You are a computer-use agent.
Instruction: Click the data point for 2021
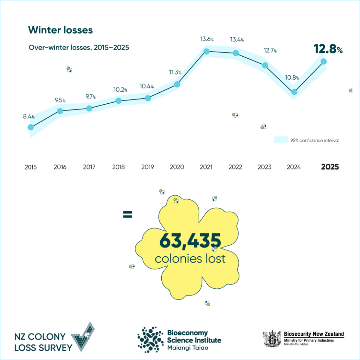pyautogui.click(x=206, y=52)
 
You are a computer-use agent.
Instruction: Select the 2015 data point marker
pyautogui.click(x=31, y=127)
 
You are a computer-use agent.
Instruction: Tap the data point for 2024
pyautogui.click(x=294, y=92)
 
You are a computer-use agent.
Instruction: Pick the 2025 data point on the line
pyautogui.click(x=324, y=62)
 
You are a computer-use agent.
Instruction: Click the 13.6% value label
pyautogui.click(x=207, y=39)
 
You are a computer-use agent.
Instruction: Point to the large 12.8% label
pyautogui.click(x=328, y=50)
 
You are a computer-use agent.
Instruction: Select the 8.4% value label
pyautogui.click(x=29, y=116)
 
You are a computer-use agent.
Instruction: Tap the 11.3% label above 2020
pyautogui.click(x=175, y=72)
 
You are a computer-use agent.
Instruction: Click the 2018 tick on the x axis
pyautogui.click(x=118, y=167)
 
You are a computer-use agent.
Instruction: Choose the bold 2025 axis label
pyautogui.click(x=330, y=167)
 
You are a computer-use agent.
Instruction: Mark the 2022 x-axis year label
pyautogui.click(x=235, y=167)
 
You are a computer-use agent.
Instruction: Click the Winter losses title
pyautogui.click(x=60, y=30)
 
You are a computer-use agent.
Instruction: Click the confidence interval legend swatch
pyautogui.click(x=281, y=140)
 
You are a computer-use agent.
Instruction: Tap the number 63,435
pyautogui.click(x=190, y=241)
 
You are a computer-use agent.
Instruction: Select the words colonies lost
pyautogui.click(x=190, y=259)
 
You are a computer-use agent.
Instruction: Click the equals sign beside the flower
pyautogui.click(x=128, y=214)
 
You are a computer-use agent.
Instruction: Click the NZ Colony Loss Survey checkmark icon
pyautogui.click(x=84, y=337)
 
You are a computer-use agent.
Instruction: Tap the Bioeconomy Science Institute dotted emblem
pyautogui.click(x=150, y=339)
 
